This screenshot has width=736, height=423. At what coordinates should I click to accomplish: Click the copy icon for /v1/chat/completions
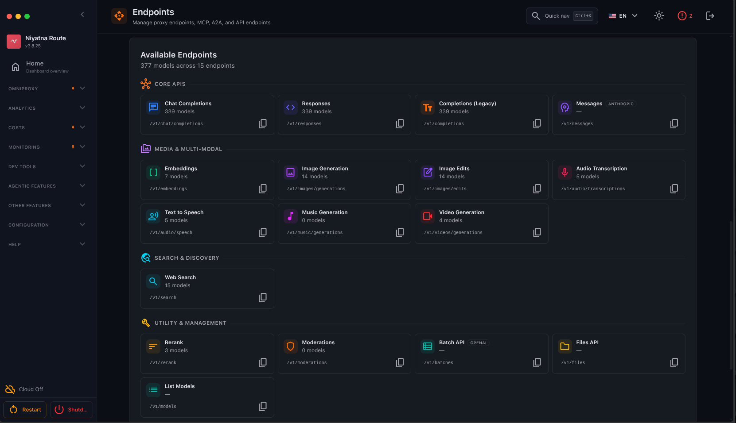coord(262,124)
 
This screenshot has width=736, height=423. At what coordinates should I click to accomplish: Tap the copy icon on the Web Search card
coord(262,298)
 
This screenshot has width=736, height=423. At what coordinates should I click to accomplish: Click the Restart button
coord(25,410)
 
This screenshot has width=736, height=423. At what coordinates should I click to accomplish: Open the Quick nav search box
coord(562,16)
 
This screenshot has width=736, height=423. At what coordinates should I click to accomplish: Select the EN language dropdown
coord(623,16)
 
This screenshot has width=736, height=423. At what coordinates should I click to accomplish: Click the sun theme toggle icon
coord(659,16)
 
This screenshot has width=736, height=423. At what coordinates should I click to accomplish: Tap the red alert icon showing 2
coord(685,16)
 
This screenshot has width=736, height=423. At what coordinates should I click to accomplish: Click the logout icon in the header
coord(710,16)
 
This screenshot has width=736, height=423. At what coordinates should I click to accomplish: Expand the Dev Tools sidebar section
coord(47,166)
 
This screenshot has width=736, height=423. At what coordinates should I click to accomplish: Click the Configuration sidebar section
coord(47,225)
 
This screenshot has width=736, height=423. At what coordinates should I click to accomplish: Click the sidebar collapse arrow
coord(82,15)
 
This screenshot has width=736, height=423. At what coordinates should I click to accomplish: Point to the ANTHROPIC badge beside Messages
coord(621,104)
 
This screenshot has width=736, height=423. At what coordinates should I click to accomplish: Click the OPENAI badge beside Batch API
coord(478,343)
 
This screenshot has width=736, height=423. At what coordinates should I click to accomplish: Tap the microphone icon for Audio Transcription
coord(565,172)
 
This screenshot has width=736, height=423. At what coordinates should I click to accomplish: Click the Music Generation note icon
coord(291,216)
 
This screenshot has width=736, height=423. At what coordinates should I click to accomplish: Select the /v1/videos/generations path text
coord(453,233)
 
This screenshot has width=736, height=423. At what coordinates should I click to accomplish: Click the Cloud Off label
coord(31,389)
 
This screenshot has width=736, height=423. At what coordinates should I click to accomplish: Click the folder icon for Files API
coord(565,346)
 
